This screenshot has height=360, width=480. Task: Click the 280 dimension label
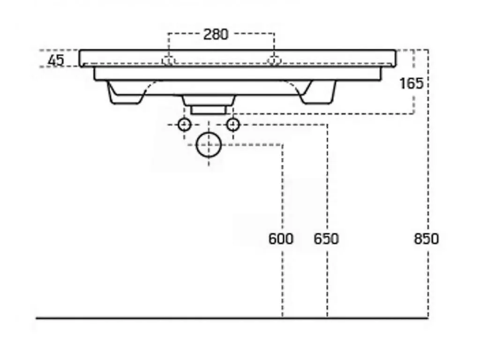pos(216,34)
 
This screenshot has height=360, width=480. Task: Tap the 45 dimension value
pos(56,60)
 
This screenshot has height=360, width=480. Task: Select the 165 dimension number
pos(412,83)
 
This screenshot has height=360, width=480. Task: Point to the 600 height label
pos(281,239)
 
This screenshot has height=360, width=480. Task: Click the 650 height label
pos(326,239)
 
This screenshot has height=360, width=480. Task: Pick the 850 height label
pos(426,239)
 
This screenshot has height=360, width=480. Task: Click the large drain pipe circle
pos(209,144)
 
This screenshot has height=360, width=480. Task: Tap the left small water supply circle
pos(185,125)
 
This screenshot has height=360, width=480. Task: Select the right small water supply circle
pos(233,125)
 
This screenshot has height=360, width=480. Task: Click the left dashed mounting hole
pos(168,60)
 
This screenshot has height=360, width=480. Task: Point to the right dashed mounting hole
pos(274,60)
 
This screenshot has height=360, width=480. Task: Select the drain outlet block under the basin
pos(209,105)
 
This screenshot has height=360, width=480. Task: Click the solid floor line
pos(232,318)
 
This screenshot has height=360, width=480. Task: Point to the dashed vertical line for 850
pos(428,184)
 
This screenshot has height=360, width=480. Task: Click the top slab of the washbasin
pos(237,58)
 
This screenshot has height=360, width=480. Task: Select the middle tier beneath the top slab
pos(238,74)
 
